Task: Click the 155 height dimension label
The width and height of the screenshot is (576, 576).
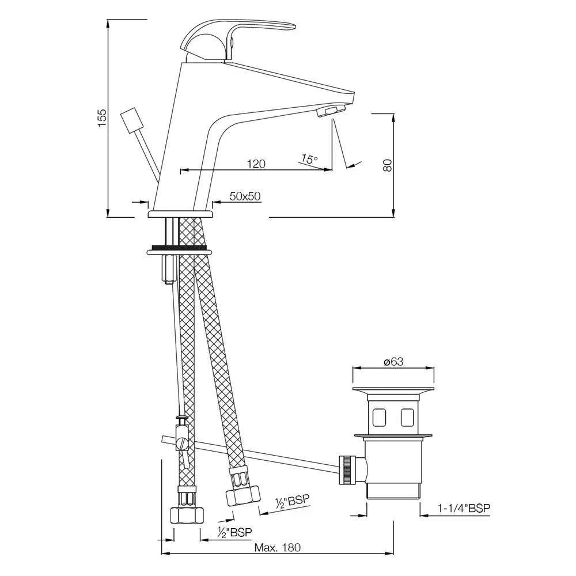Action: pos(102,118)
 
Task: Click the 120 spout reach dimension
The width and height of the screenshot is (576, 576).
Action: pos(256,164)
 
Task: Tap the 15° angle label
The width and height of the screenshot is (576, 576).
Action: pos(309,159)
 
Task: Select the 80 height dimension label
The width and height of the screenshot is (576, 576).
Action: pos(387,165)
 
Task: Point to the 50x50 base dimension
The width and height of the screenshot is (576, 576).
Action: pos(245,196)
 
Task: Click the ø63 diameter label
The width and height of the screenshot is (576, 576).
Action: pos(393,361)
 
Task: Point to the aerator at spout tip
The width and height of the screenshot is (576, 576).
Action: pos(332,111)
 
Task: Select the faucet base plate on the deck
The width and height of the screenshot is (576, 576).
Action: pos(180,214)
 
